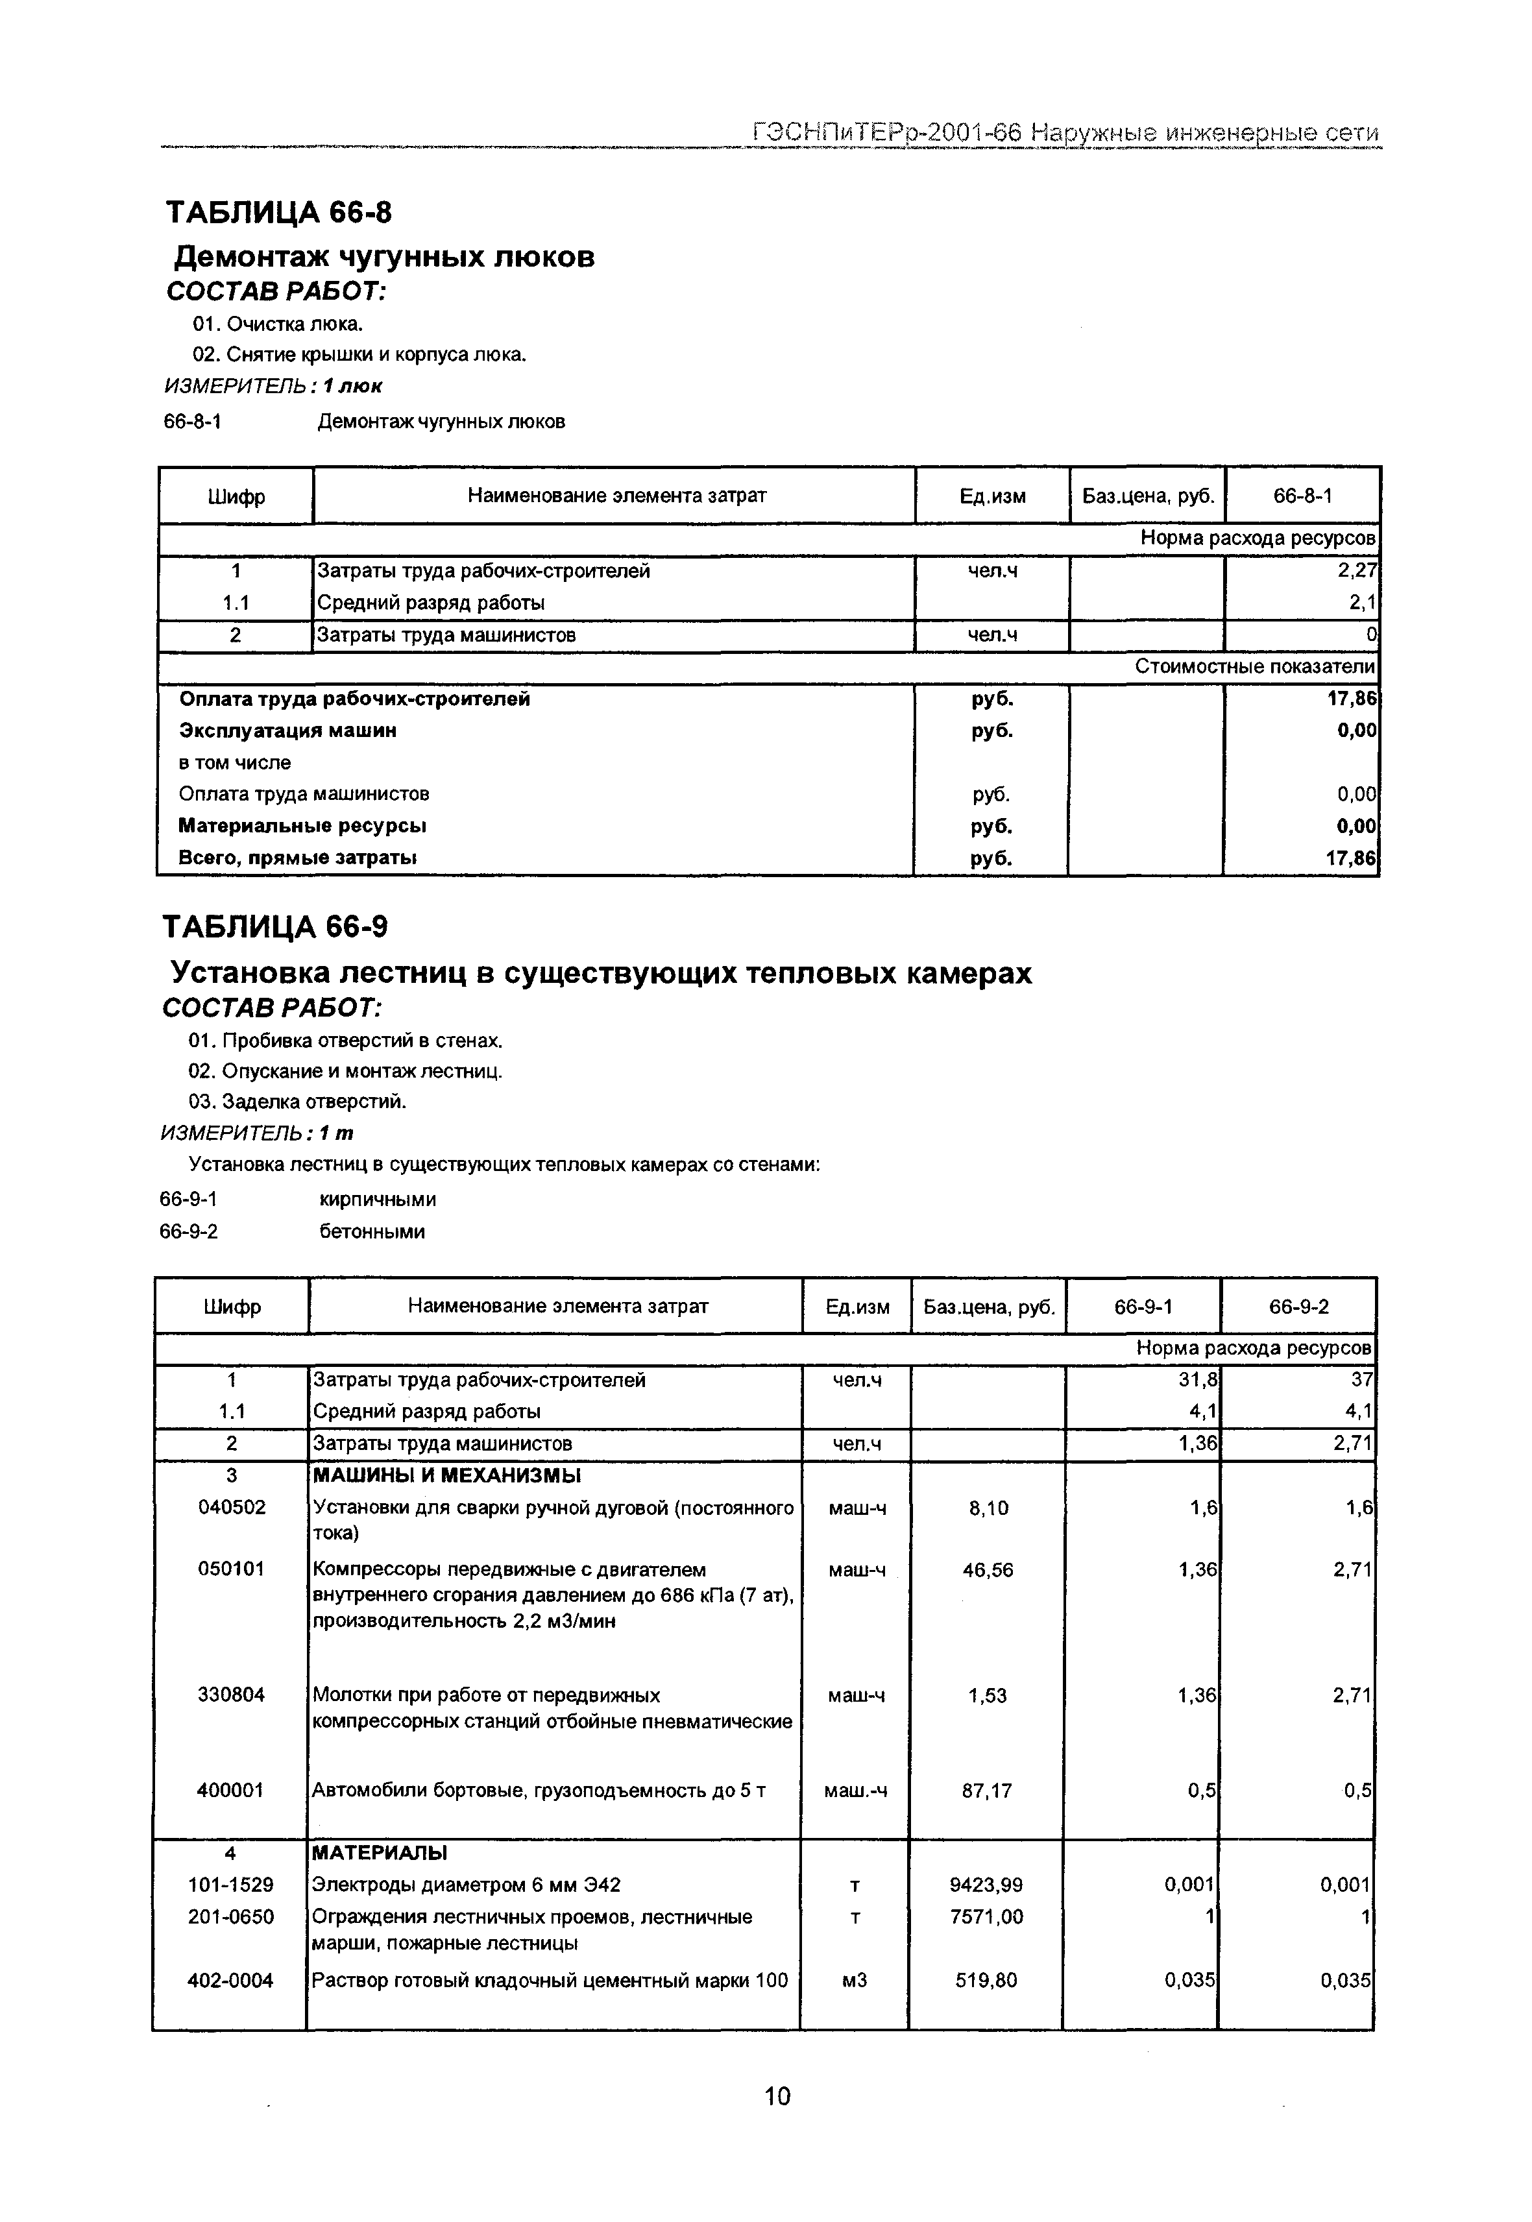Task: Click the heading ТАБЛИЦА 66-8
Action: point(279,211)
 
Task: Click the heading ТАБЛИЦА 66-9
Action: point(276,927)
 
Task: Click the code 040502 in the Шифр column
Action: point(232,1508)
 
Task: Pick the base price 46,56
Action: point(988,1570)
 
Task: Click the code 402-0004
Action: point(230,1980)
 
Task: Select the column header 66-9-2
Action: point(1299,1307)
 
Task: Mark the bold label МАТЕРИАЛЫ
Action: point(380,1852)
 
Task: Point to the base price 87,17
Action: point(987,1791)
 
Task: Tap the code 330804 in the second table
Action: point(232,1696)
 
